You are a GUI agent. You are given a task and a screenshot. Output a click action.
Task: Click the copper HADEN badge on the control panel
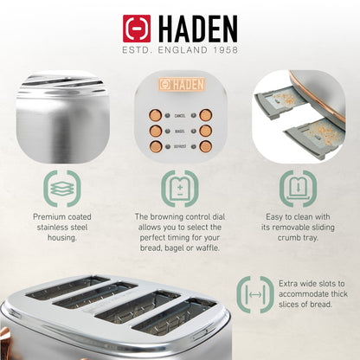coord(179,85)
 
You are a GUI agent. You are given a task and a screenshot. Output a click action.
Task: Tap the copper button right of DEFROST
coord(205,147)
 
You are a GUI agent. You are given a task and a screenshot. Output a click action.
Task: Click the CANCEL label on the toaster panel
coord(180,114)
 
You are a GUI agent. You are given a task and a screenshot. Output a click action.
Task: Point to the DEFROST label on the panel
coord(179,147)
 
